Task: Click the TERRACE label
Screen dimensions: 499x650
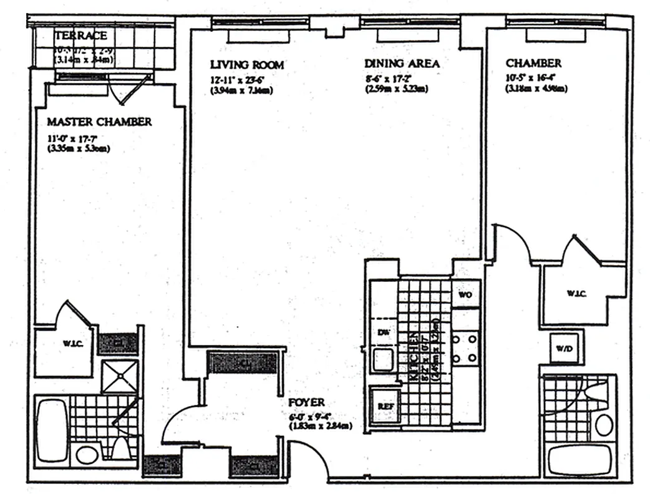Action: point(80,35)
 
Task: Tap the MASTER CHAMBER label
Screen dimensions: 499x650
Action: point(99,122)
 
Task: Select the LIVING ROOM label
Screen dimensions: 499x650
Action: point(247,65)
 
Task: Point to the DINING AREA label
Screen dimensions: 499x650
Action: point(402,64)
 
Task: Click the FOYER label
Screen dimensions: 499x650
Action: point(307,404)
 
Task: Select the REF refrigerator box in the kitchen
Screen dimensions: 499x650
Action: point(384,406)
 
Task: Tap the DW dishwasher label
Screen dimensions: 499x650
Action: point(383,332)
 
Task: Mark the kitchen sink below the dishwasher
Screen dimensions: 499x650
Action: point(382,360)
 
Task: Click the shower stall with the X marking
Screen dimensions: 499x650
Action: point(119,375)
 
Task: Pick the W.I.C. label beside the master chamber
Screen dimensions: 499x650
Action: point(69,344)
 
